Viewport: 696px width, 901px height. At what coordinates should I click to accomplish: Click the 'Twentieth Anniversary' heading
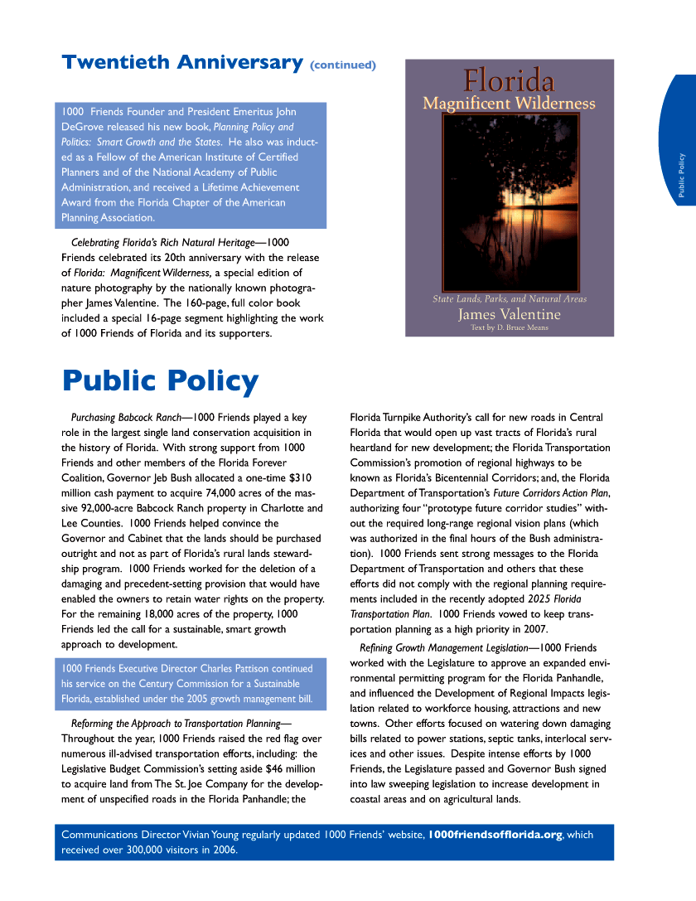coord(181,62)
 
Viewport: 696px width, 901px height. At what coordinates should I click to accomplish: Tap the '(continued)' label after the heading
coord(343,65)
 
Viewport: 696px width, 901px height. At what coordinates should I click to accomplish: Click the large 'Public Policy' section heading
coord(160,381)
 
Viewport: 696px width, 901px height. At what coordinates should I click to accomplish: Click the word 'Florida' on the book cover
coord(509,81)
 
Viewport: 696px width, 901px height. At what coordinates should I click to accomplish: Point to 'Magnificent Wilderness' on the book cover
coord(509,104)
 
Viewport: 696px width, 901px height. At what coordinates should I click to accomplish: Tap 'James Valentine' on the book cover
coord(509,315)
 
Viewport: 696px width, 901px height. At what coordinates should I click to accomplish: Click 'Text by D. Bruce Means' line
coord(509,327)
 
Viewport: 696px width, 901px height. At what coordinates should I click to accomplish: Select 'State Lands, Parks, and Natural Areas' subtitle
coord(509,299)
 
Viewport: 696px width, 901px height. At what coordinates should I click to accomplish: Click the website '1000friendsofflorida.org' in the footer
coord(495,835)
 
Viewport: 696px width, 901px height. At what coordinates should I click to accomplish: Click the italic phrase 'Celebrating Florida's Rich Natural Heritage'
coord(162,242)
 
